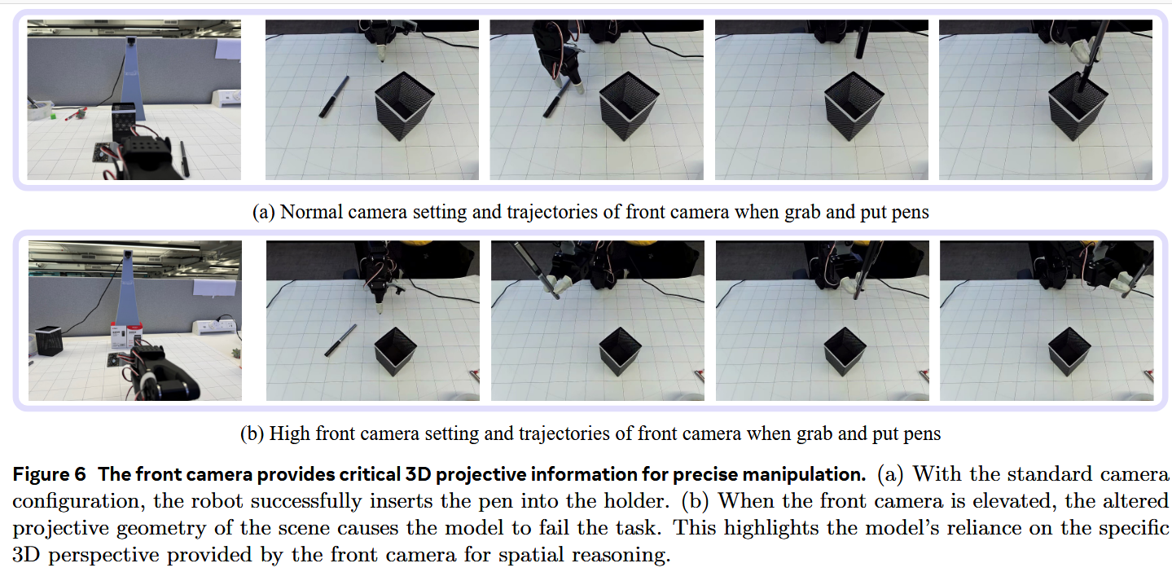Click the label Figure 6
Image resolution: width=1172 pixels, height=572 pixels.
click(49, 474)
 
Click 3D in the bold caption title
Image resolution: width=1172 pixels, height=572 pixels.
click(418, 474)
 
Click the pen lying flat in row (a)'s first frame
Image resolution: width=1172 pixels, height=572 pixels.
click(334, 97)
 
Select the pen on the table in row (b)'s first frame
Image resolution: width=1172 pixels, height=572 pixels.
click(340, 340)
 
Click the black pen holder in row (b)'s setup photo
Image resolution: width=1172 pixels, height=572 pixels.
click(49, 341)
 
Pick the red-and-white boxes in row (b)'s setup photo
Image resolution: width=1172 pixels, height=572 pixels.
click(126, 335)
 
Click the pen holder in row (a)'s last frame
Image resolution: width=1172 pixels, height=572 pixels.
click(1078, 107)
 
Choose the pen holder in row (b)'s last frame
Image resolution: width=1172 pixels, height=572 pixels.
click(1069, 352)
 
